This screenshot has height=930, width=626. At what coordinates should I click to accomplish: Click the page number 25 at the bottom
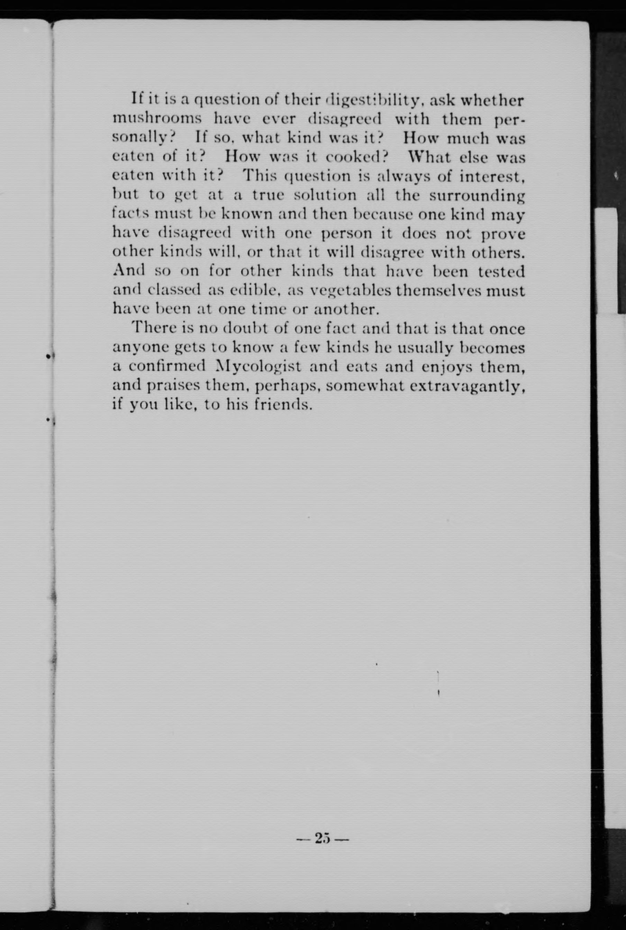323,838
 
